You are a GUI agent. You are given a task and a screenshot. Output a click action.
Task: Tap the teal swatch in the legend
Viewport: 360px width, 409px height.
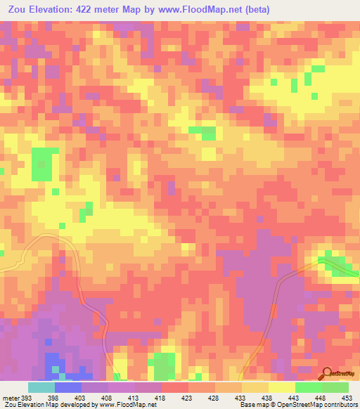pyautogui.click(x=41, y=387)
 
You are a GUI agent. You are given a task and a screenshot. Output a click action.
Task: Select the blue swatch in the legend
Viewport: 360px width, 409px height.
pyautogui.click(x=67, y=387)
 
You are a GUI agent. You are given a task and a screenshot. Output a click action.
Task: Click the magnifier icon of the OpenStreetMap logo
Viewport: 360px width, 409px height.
pyautogui.click(x=325, y=373)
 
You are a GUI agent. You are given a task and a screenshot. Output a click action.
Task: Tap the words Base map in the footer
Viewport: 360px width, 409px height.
pyautogui.click(x=252, y=404)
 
